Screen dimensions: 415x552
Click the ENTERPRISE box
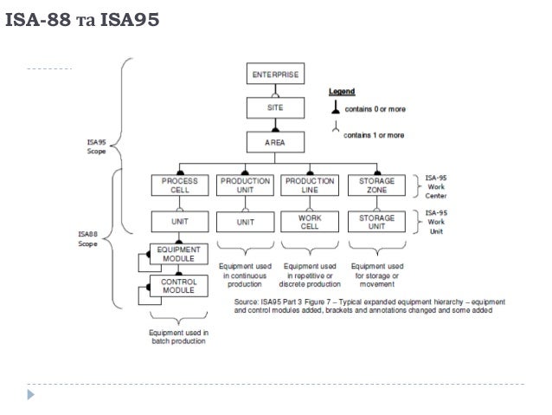point(276,75)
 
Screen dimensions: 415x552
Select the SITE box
point(276,107)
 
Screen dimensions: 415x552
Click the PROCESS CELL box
point(180,185)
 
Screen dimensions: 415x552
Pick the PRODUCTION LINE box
point(310,185)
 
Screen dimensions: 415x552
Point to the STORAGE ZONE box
point(377,185)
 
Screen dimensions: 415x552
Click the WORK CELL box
point(310,221)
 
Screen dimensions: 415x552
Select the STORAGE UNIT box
point(377,221)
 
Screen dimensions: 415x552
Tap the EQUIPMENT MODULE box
point(179,254)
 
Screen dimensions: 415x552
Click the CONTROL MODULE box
point(179,286)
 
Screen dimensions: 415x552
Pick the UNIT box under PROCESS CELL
point(180,221)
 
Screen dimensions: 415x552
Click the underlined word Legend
point(341,90)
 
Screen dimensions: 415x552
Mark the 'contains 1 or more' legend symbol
point(334,133)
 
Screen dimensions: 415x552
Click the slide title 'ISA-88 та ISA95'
point(82,17)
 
